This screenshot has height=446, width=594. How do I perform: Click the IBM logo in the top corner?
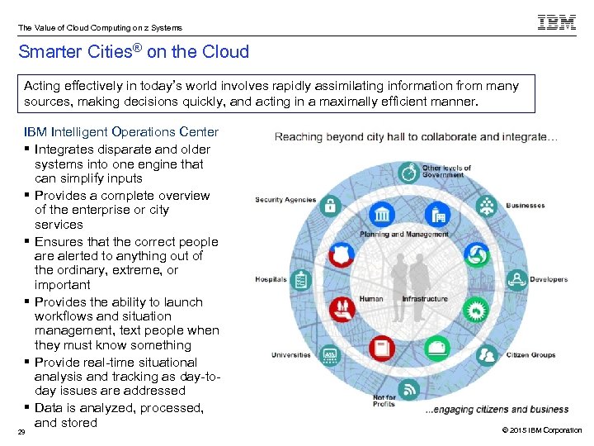[x=557, y=23]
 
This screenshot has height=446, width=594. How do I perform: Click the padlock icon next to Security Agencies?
[x=330, y=205]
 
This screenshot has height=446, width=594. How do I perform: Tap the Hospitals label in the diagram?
[x=271, y=280]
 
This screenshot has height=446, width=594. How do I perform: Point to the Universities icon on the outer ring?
[x=330, y=355]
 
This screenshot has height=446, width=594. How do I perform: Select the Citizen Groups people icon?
[x=488, y=356]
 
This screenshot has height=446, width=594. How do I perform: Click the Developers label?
[x=549, y=280]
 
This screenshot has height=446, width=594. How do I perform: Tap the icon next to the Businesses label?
[x=488, y=205]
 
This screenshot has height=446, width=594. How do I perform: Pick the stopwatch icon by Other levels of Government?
[x=408, y=173]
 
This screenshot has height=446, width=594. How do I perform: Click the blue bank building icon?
[x=382, y=216]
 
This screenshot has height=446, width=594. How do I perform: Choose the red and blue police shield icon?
[x=340, y=254]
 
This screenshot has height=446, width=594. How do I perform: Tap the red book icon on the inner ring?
[x=381, y=349]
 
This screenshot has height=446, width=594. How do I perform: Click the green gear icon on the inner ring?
[x=476, y=310]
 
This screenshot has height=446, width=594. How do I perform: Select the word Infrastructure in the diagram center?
[x=425, y=299]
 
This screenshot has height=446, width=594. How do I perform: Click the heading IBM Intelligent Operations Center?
[x=121, y=132]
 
